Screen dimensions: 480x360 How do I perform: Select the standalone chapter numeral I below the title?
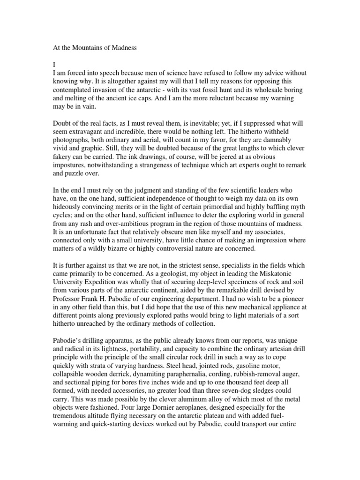[x=54, y=65]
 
